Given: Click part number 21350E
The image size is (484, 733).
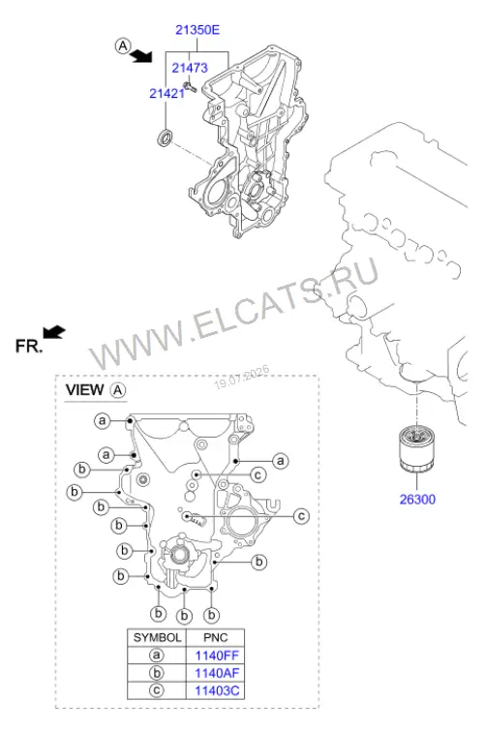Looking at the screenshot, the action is click(x=197, y=30).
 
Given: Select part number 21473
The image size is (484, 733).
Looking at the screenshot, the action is click(x=190, y=68).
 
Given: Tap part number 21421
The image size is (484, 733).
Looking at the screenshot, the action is click(x=166, y=94).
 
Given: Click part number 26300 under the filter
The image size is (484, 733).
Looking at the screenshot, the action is click(x=417, y=500).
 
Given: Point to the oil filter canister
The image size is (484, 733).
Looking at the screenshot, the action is click(x=417, y=448).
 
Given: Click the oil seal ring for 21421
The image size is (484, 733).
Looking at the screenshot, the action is click(x=164, y=137).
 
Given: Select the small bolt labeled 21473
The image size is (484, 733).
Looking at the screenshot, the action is click(x=190, y=85).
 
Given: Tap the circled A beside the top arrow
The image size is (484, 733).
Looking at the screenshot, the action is click(x=122, y=46).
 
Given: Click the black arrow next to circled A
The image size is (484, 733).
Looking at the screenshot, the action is click(x=141, y=56).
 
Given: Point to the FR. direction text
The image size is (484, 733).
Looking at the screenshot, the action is click(x=29, y=347).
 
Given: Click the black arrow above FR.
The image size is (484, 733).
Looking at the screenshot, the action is click(x=54, y=332).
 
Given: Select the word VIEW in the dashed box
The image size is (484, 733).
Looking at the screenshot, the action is click(x=84, y=390).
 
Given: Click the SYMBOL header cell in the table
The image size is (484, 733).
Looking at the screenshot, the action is click(x=157, y=638).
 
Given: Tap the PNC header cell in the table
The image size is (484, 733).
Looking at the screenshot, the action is click(x=215, y=638).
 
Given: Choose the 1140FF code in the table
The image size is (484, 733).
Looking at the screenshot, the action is click(x=217, y=656).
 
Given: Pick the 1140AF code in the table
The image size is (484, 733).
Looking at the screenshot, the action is click(x=217, y=673).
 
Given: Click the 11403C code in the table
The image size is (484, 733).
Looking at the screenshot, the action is click(x=217, y=691).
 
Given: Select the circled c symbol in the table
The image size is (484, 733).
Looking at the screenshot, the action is click(x=157, y=690).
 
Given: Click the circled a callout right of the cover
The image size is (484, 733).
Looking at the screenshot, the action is click(x=281, y=462).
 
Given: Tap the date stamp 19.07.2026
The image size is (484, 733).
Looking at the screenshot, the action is click(x=242, y=378).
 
